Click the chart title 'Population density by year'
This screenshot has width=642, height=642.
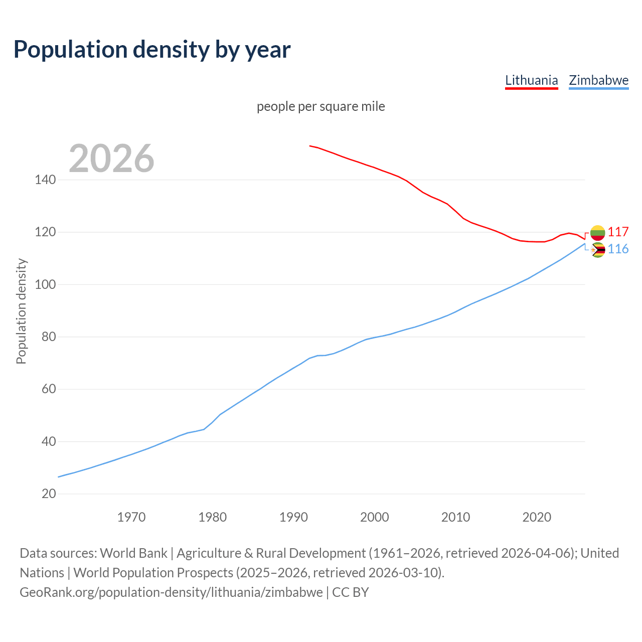152,49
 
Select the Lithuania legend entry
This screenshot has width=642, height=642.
531,80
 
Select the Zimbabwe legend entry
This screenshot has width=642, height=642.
598,80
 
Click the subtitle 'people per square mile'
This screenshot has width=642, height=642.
320,106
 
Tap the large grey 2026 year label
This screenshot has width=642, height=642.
111,158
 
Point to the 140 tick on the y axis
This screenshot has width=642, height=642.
45,180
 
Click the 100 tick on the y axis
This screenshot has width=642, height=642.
45,284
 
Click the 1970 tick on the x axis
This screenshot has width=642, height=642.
131,517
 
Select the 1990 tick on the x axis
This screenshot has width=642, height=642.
293,517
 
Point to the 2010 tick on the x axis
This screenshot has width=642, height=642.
455,517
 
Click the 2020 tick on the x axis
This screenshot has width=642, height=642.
537,517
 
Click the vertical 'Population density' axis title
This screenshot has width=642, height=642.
21,311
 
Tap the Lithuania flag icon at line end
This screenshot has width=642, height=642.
597,232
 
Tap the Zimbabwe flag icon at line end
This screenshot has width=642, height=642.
597,250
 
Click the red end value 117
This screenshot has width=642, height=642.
618,232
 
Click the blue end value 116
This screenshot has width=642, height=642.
618,249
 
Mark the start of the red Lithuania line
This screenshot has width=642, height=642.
310,146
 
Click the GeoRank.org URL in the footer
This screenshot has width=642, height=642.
171,592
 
